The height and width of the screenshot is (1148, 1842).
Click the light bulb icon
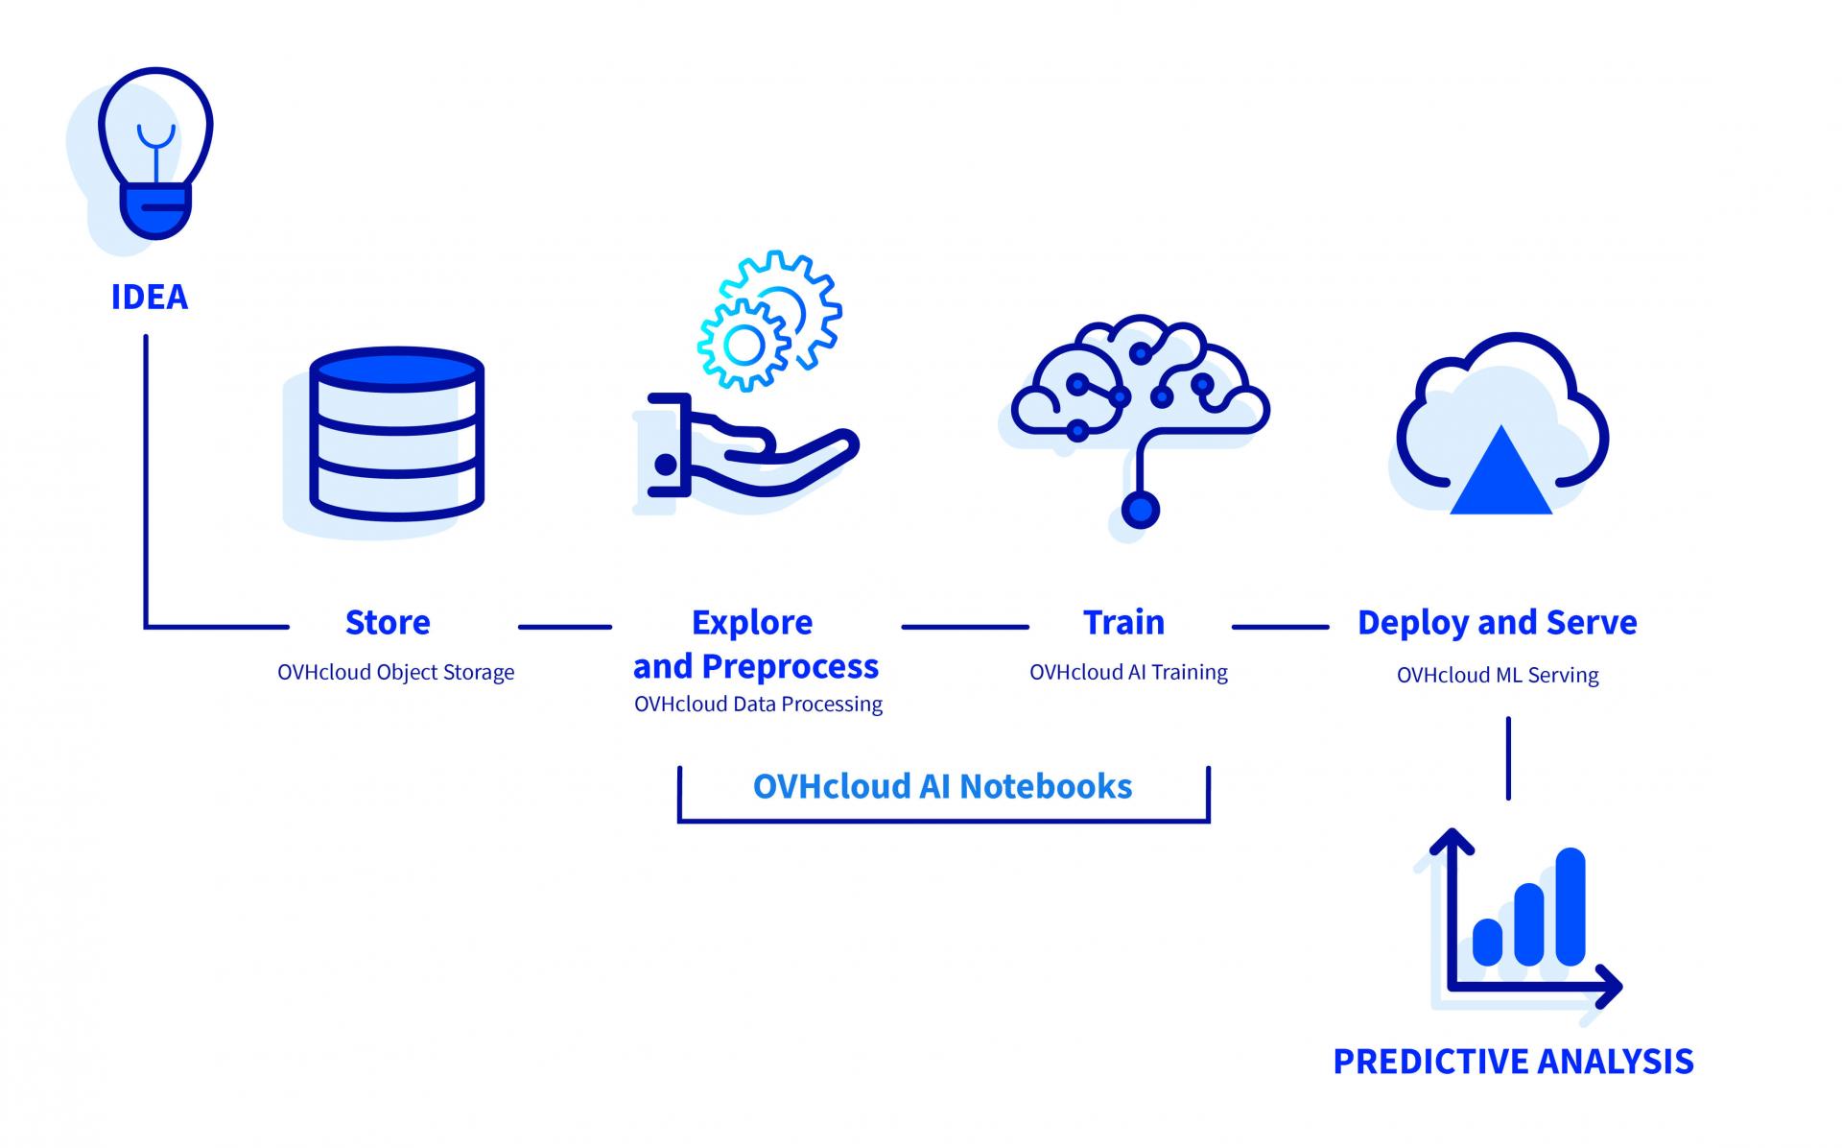(155, 154)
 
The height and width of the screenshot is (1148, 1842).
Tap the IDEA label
(150, 298)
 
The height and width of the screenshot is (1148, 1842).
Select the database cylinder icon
(397, 434)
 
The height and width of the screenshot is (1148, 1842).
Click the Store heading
(388, 623)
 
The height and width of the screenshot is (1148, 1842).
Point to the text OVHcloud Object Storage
(396, 672)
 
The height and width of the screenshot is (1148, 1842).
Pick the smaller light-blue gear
(743, 344)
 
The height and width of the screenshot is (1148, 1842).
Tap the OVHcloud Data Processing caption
(758, 704)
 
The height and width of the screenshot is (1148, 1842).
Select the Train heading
(1124, 623)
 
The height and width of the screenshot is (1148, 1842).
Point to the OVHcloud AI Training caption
(1128, 672)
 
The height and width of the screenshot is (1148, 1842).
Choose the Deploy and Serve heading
(1498, 623)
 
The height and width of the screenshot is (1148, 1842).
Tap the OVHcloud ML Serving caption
(1498, 675)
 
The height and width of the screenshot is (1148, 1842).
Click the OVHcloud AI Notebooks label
(943, 786)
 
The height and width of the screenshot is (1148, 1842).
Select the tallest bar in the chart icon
(1570, 906)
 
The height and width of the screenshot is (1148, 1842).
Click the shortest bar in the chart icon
(1487, 942)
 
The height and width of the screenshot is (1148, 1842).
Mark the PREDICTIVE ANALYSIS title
(1514, 1062)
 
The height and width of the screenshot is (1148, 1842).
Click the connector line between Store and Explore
(565, 627)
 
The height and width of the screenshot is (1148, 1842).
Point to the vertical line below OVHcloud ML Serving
(1508, 758)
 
